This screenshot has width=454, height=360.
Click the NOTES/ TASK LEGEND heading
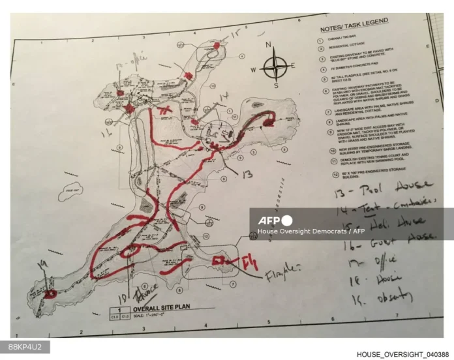pyautogui.click(x=358, y=30)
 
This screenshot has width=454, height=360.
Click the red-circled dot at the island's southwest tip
pyautogui.click(x=52, y=293)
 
